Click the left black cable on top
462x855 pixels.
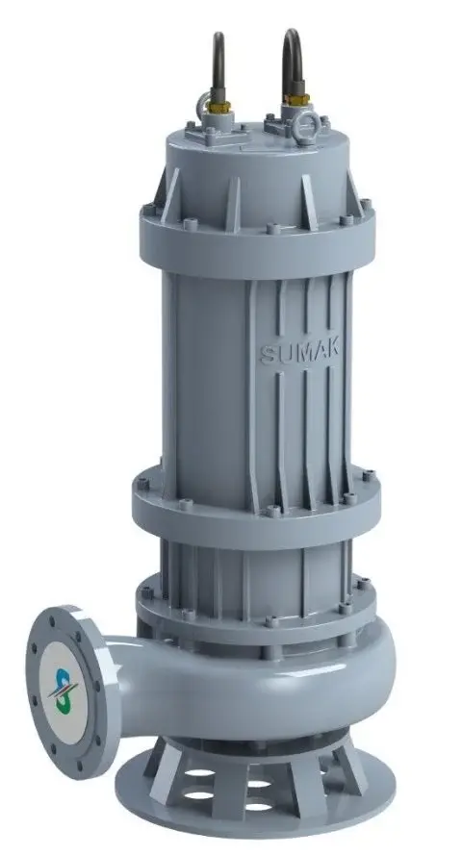coord(220,58)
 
